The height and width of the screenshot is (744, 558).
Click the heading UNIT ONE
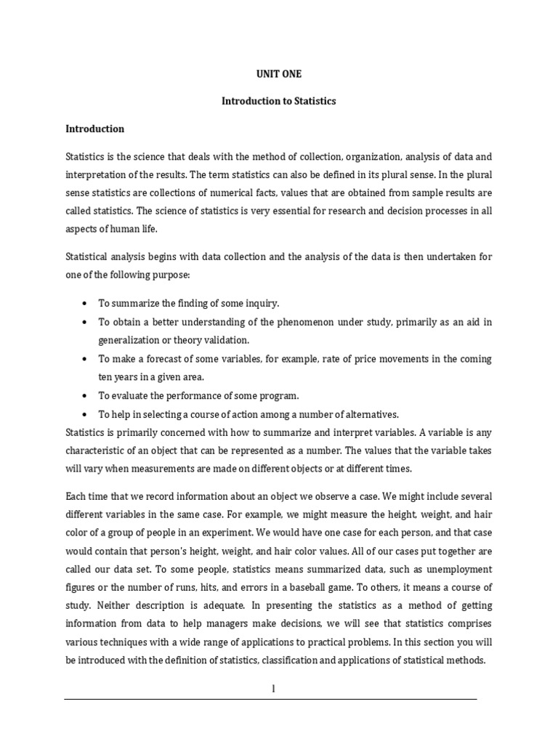(279, 73)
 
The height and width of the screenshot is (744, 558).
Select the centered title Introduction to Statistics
(279, 101)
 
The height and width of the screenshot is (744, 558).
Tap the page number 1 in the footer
(273, 688)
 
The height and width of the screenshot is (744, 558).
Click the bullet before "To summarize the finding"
(85, 302)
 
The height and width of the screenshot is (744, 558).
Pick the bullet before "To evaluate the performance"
(85, 396)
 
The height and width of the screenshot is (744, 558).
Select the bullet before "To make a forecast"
(85, 359)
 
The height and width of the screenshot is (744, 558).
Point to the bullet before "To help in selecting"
(85, 414)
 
